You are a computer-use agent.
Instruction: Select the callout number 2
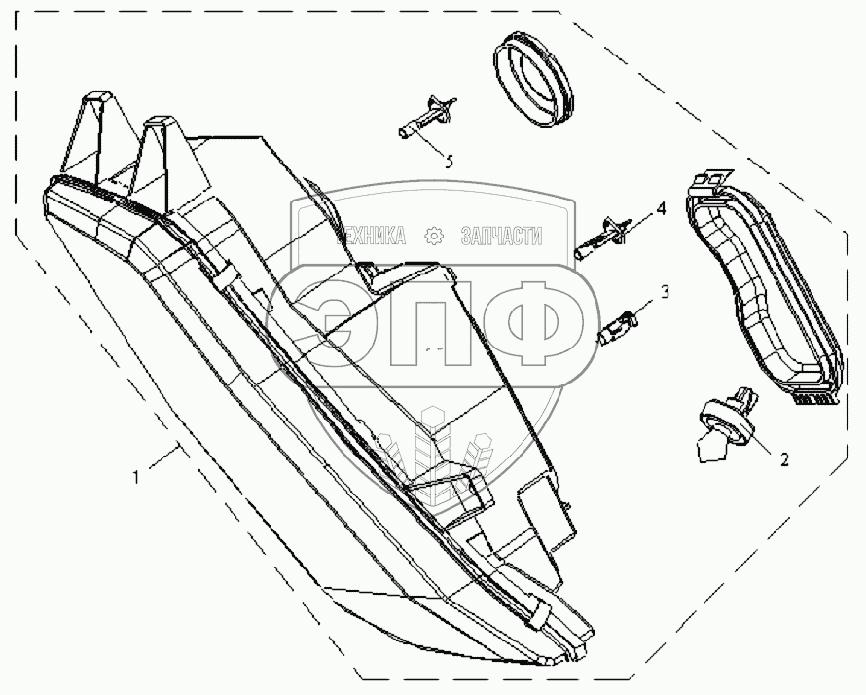783,455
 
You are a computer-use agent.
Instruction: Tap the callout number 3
665,291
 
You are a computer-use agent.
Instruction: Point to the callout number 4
660,209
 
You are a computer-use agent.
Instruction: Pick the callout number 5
449,162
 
